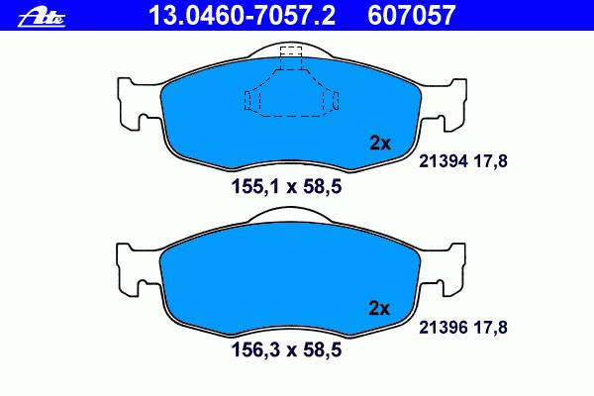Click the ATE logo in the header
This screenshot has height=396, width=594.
(42, 18)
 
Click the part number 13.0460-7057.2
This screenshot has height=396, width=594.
(242, 15)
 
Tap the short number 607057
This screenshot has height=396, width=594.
(411, 15)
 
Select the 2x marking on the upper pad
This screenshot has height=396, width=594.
(379, 144)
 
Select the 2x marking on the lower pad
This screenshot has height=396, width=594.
(379, 309)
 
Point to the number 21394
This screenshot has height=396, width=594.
(444, 161)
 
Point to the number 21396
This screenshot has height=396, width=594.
(444, 327)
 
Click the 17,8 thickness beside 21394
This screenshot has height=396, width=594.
(490, 161)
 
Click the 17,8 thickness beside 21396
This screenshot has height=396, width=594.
(490, 328)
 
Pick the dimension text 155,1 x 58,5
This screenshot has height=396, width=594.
(286, 187)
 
